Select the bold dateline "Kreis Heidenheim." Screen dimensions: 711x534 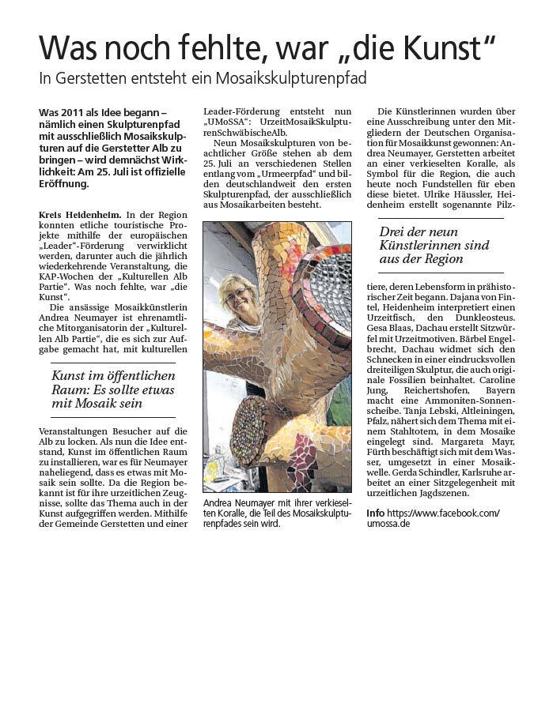(80, 215)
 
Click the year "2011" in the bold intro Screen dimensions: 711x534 (79, 113)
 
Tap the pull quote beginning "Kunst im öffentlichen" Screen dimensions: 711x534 (113, 390)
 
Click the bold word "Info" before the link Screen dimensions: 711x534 (375, 513)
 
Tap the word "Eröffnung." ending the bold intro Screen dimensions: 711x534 (64, 184)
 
